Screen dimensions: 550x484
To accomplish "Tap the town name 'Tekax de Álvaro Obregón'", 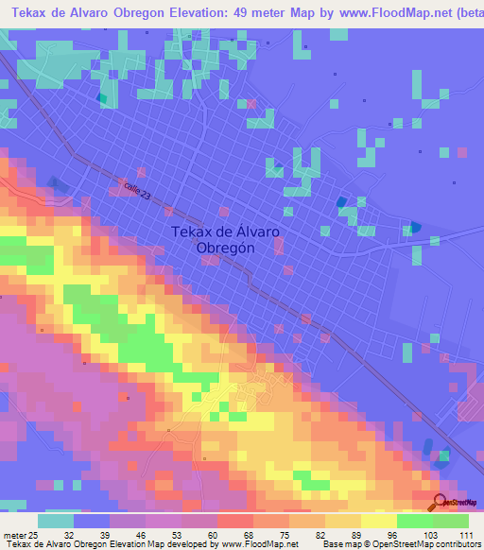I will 225,240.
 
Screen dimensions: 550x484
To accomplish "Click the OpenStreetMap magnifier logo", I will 439,502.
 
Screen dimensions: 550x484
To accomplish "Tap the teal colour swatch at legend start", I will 56,521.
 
